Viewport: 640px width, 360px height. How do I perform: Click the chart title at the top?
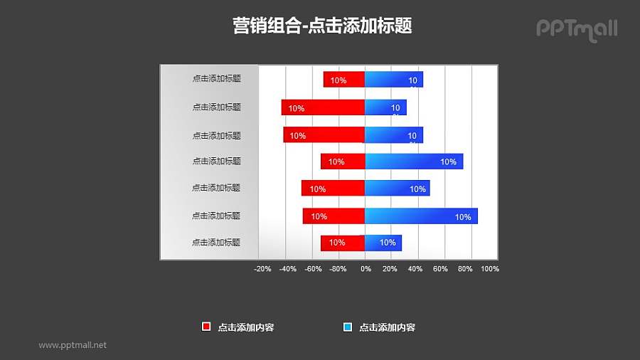[x=322, y=26]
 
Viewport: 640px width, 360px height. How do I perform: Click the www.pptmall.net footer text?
[x=73, y=345]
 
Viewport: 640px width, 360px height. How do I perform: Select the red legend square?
[x=206, y=327]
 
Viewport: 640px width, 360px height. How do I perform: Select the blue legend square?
[x=348, y=327]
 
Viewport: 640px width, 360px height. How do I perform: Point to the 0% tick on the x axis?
[x=366, y=269]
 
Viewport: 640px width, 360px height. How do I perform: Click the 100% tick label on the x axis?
[x=490, y=269]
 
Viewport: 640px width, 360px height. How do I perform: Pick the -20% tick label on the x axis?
[x=262, y=269]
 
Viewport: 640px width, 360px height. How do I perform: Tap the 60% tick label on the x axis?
[x=440, y=269]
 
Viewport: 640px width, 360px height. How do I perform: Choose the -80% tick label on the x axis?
[x=338, y=269]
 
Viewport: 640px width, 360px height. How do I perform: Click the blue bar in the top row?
[x=393, y=80]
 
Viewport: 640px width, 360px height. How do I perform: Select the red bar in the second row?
[x=323, y=107]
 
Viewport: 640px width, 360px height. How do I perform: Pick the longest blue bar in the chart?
[x=421, y=216]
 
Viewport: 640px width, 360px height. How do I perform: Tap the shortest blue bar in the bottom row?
[x=383, y=243]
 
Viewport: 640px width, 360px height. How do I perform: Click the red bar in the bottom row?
[x=343, y=243]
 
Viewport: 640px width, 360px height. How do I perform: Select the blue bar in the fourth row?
[x=414, y=162]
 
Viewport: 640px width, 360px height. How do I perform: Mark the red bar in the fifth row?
[x=333, y=189]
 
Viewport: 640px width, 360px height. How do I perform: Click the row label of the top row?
[x=216, y=79]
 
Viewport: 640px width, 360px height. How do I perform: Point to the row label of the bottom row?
[x=216, y=243]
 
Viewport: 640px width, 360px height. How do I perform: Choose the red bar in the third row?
[x=324, y=134]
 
